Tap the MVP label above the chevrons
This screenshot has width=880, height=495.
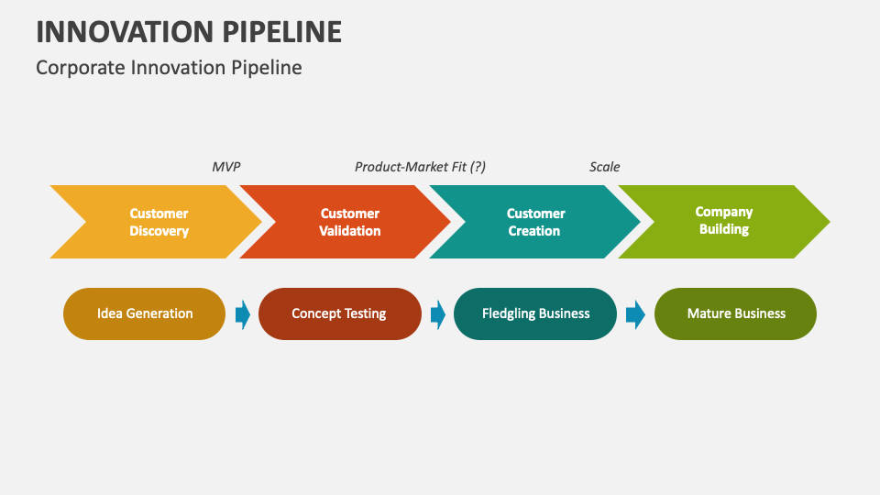[x=225, y=167]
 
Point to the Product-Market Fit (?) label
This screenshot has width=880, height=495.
[x=420, y=167]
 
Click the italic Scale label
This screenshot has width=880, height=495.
[x=604, y=167]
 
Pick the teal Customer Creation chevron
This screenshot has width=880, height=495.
[x=536, y=222]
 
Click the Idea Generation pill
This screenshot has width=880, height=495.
[x=145, y=313]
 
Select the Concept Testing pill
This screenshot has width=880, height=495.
[x=339, y=313]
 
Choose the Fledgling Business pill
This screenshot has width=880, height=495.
[x=535, y=313]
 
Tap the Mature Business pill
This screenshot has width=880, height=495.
[x=735, y=313]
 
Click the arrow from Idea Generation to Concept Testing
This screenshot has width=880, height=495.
[x=243, y=314]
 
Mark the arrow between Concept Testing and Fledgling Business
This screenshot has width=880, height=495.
[x=438, y=314]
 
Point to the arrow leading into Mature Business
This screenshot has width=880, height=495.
[x=635, y=314]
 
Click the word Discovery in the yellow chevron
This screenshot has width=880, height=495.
[x=159, y=231]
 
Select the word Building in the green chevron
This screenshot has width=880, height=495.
[x=724, y=229]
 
